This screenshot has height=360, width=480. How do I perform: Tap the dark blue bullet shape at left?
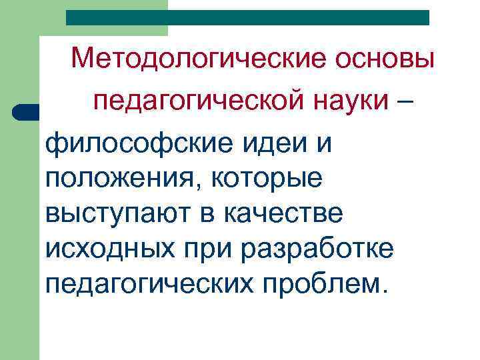click(x=27, y=111)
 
